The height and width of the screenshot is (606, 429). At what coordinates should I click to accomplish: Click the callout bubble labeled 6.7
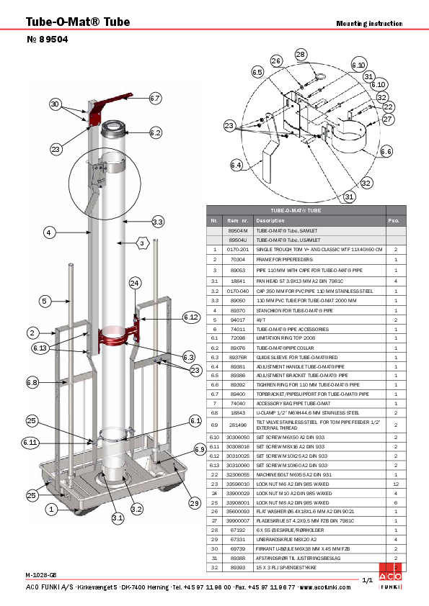pos(155,97)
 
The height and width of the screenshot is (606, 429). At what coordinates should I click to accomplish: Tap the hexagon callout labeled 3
pos(143,244)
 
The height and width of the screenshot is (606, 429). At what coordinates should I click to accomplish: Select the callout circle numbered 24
pos(134,284)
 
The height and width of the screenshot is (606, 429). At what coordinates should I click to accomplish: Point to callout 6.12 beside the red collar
pos(191,317)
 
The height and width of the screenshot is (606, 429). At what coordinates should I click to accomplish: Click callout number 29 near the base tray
pos(194,503)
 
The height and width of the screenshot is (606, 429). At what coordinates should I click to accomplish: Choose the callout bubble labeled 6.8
pos(32,382)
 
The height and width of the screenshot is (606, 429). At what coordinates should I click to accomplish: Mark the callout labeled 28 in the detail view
pos(301,55)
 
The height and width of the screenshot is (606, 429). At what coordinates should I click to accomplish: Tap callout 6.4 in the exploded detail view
pos(236,166)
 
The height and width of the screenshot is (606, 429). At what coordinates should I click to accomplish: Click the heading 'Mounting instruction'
pos(369,23)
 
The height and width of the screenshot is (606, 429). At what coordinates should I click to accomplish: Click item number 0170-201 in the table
pos(237,248)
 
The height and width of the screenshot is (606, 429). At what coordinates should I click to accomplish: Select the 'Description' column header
pos(270,220)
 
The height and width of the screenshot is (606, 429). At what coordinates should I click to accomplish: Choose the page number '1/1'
pos(366,580)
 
